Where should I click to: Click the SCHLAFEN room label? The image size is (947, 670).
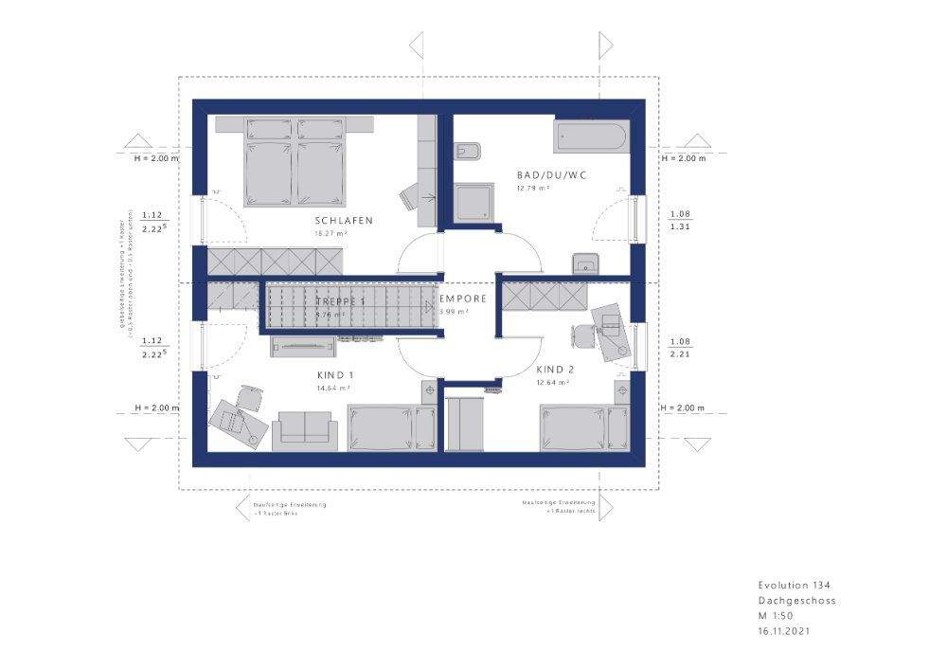click(x=344, y=221)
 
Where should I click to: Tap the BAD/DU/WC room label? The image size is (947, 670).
click(x=543, y=175)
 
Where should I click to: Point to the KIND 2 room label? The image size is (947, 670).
click(x=555, y=370)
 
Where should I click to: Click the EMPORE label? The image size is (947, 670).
click(x=464, y=299)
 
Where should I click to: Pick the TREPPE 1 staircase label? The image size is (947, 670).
click(x=340, y=301)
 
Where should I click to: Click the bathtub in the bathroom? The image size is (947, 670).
click(x=590, y=136)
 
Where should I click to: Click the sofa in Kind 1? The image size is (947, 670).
click(x=303, y=431)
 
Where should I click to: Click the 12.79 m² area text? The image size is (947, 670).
click(x=533, y=189)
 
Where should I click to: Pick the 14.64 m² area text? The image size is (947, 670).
click(x=334, y=388)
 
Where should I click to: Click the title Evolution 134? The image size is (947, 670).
click(x=794, y=586)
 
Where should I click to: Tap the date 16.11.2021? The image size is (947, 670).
click(x=783, y=630)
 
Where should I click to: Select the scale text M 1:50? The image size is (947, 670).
click(x=776, y=616)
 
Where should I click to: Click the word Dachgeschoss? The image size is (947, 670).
click(x=796, y=601)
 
